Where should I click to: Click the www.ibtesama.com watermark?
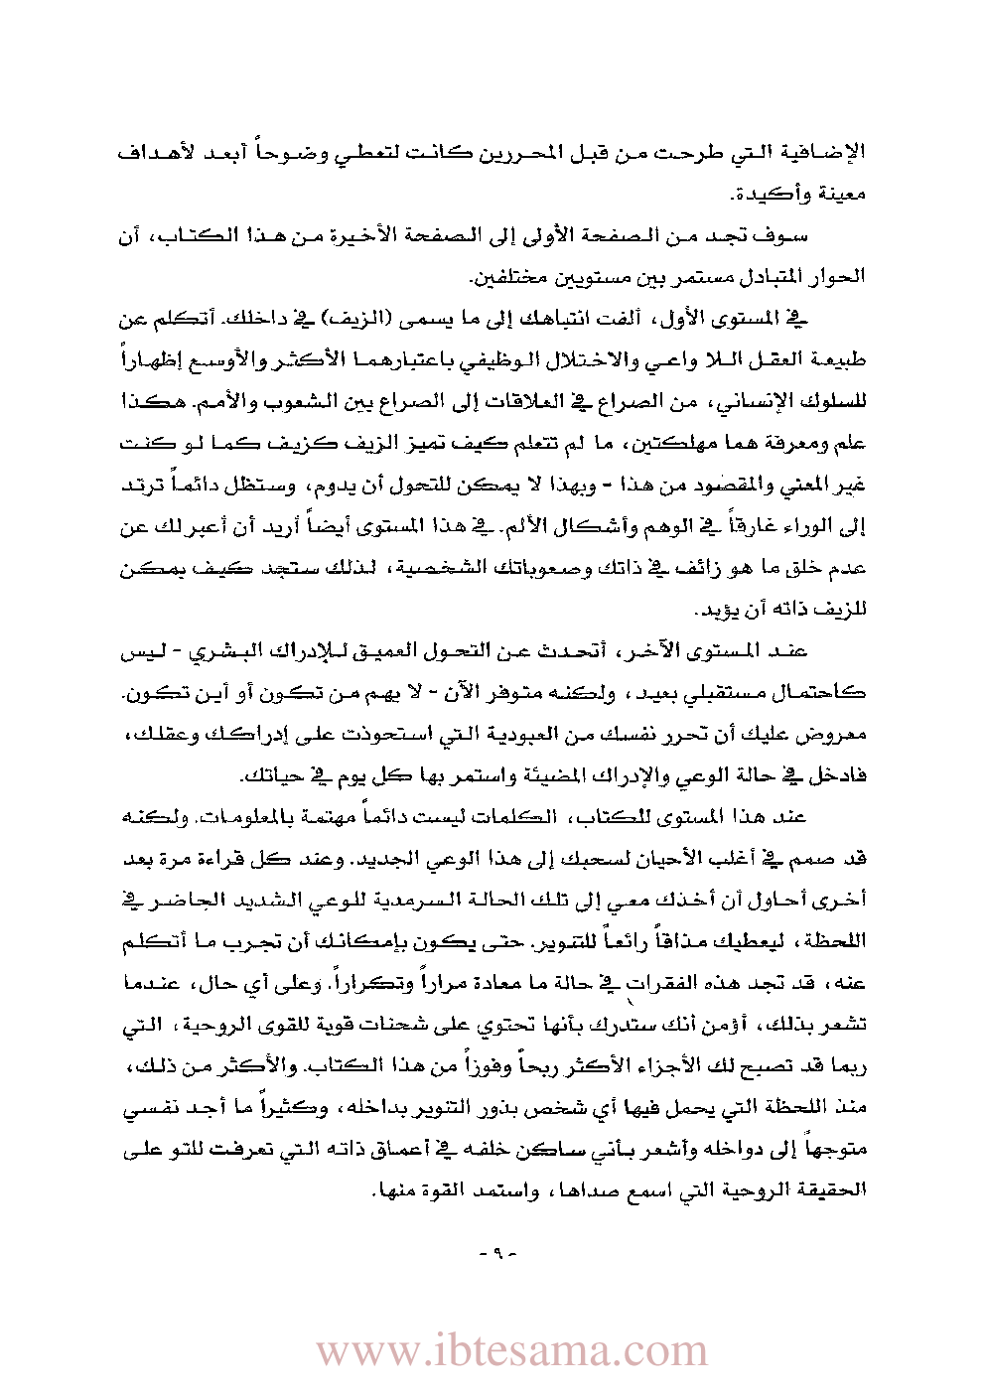[x=511, y=1350]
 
